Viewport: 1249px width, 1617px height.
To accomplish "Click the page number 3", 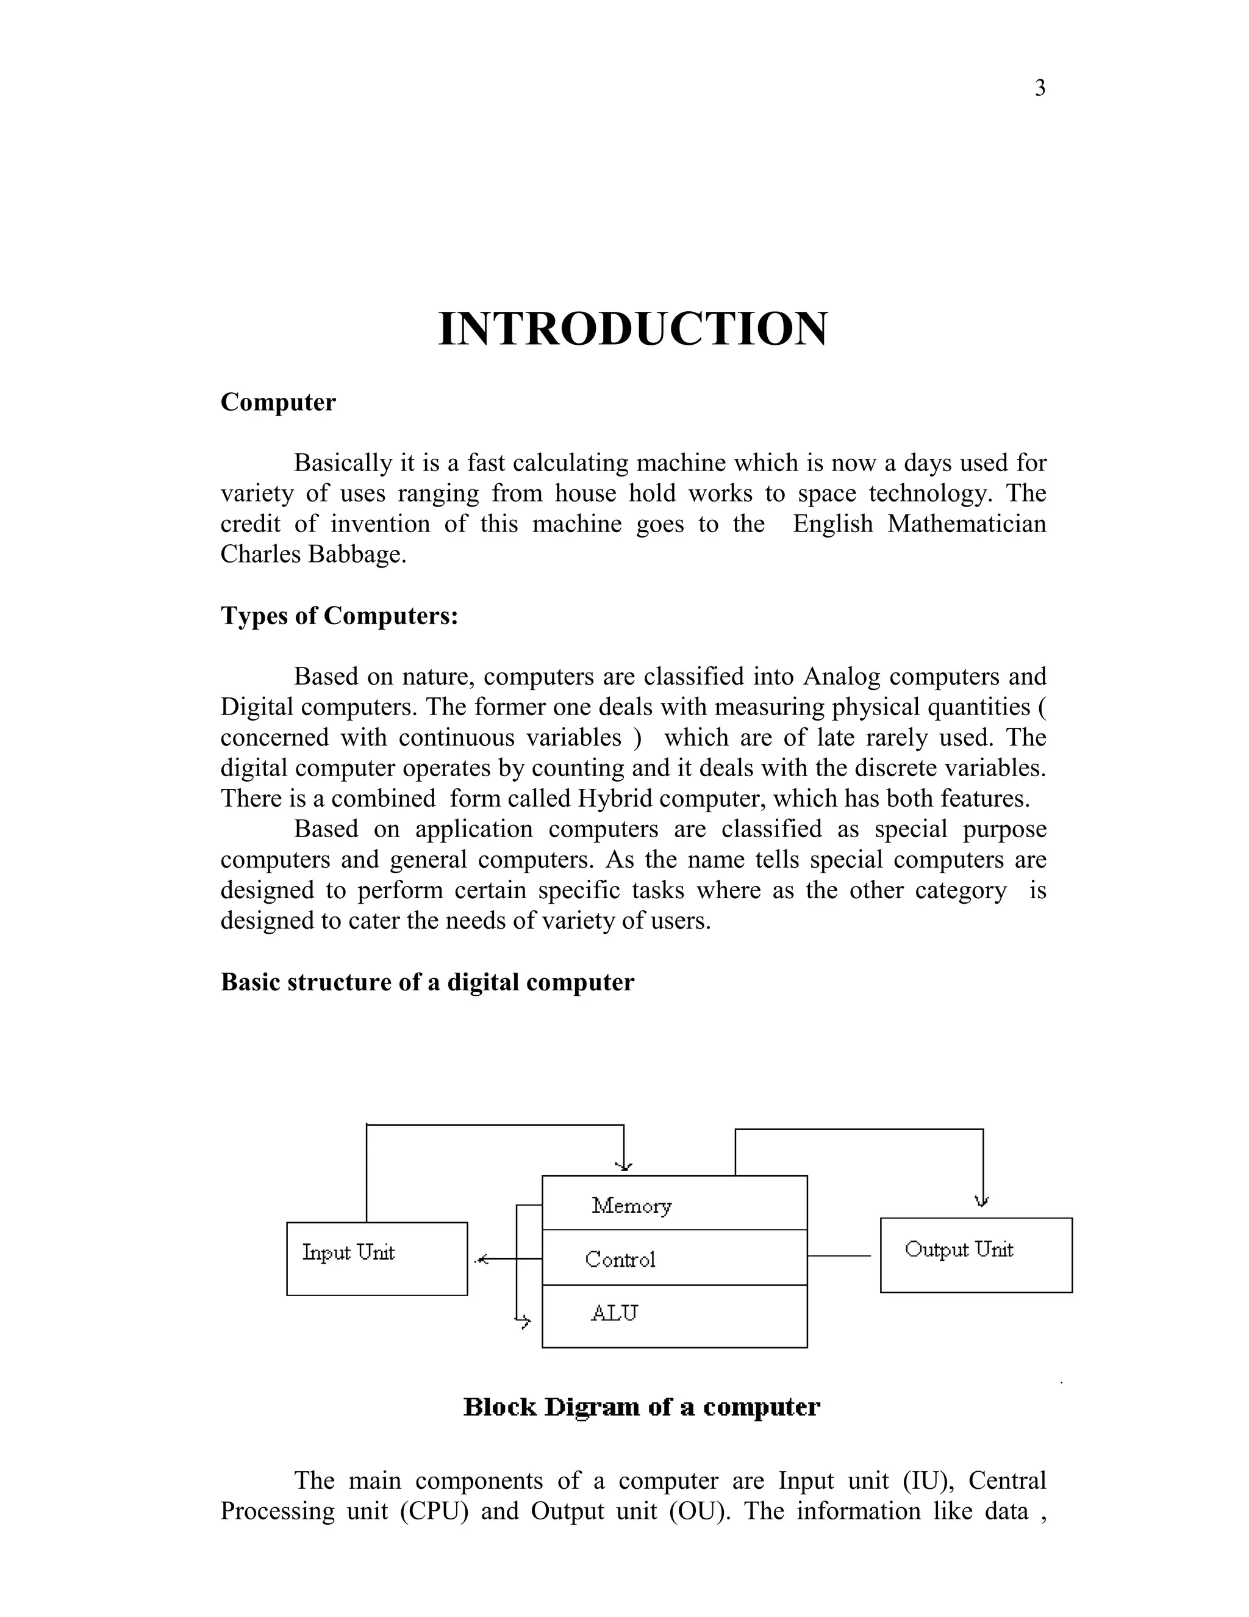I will point(1040,88).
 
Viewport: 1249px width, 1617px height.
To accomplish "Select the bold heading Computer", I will point(277,402).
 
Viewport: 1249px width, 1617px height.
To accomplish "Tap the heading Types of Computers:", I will point(339,615).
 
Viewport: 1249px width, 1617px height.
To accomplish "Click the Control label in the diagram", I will point(620,1259).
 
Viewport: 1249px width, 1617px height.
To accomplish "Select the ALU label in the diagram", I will point(614,1313).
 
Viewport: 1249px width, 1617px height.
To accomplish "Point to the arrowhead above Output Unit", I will point(982,1201).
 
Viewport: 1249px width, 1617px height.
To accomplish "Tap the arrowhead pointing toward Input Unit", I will point(482,1259).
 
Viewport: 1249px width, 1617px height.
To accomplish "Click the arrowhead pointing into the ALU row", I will point(524,1321).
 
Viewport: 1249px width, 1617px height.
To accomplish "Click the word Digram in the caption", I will point(593,1406).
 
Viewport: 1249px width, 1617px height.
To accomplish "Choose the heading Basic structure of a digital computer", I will point(427,982).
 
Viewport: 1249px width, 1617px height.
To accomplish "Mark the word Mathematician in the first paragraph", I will point(967,524).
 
